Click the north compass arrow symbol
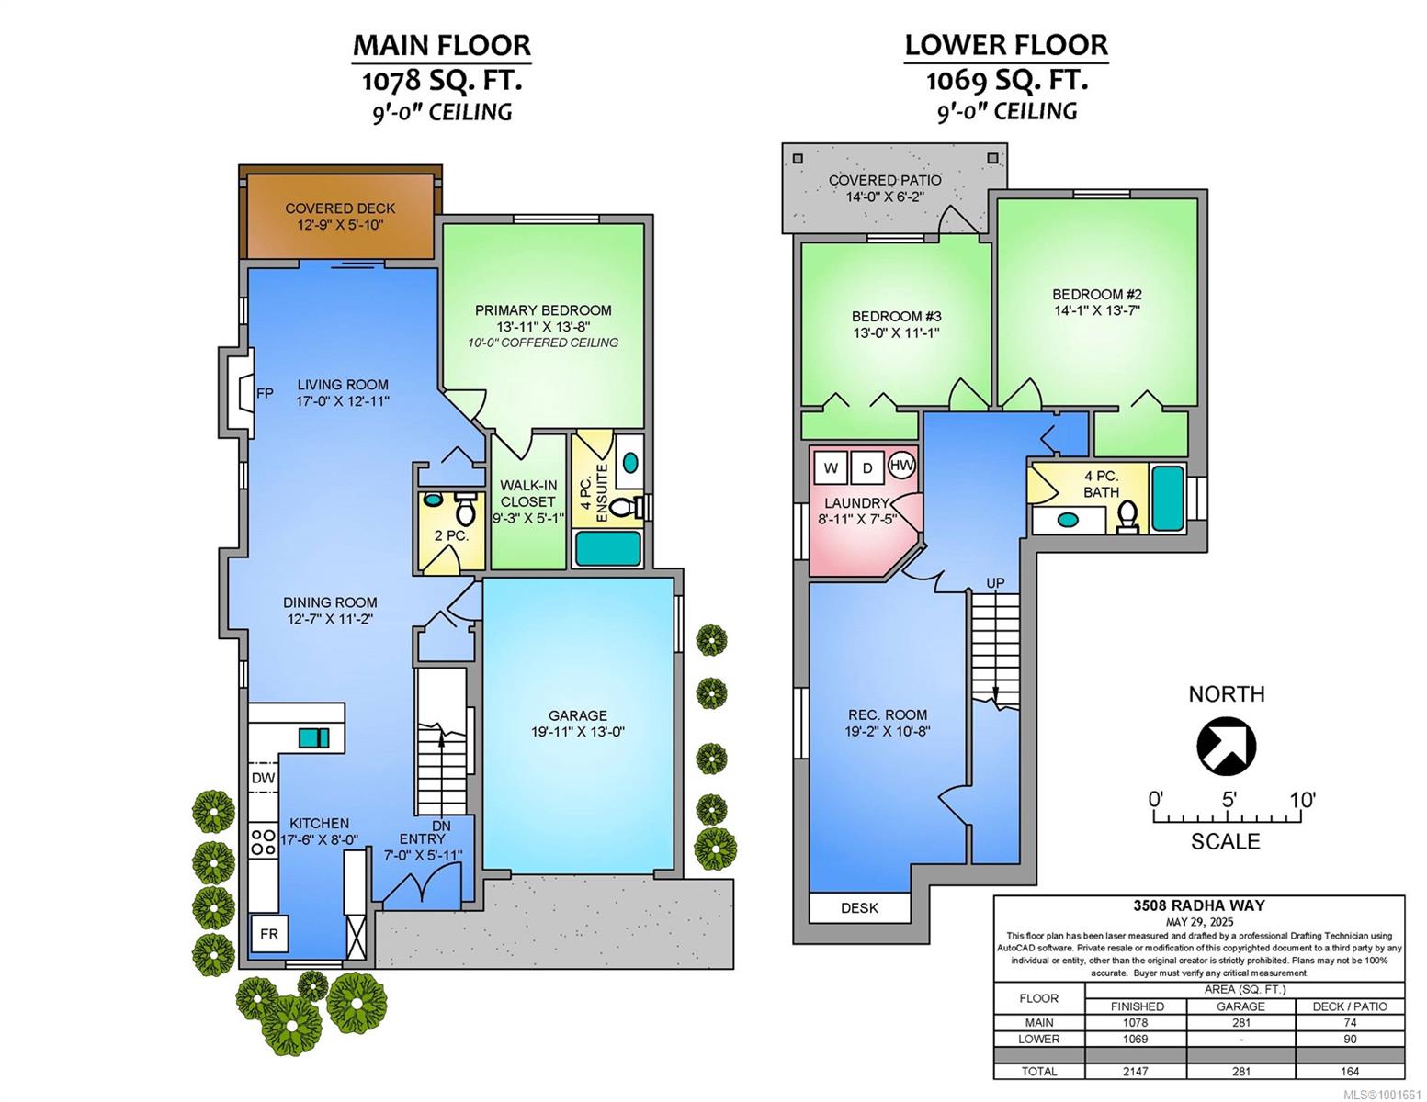tap(1226, 747)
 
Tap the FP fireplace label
tap(265, 393)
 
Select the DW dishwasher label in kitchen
tap(264, 779)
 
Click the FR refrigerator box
tap(269, 933)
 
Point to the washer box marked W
tap(831, 468)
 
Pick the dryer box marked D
tap(867, 468)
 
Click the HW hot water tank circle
tap(901, 466)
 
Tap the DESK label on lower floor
tap(860, 908)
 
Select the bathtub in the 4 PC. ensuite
tap(607, 548)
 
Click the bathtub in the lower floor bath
tap(1168, 498)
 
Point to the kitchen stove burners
tap(264, 842)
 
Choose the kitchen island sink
tap(314, 737)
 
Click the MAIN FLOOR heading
tap(442, 45)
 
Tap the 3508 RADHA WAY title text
tap(1198, 905)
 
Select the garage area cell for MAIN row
tap(1240, 1022)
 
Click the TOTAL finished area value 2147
tap(1136, 1071)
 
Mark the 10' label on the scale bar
tap(1302, 800)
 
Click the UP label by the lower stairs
tap(995, 583)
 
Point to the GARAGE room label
tap(578, 714)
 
